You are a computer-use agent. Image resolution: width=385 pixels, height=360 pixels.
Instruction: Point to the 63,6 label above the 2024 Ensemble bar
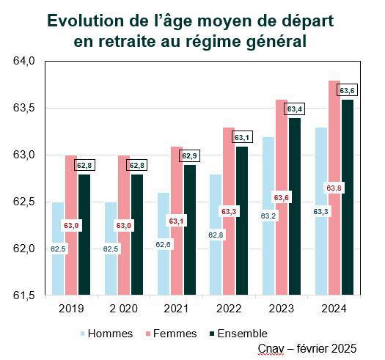tap(348, 90)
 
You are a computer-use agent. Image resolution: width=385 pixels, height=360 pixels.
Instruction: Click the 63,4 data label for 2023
tap(295, 109)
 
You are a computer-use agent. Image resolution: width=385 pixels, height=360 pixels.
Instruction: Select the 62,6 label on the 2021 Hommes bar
tap(164, 244)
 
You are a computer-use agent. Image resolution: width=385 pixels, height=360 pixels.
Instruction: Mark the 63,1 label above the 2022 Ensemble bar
tap(242, 137)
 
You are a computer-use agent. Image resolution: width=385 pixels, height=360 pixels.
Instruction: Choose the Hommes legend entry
tap(104, 334)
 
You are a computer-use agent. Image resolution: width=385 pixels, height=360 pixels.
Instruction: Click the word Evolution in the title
tap(87, 21)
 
